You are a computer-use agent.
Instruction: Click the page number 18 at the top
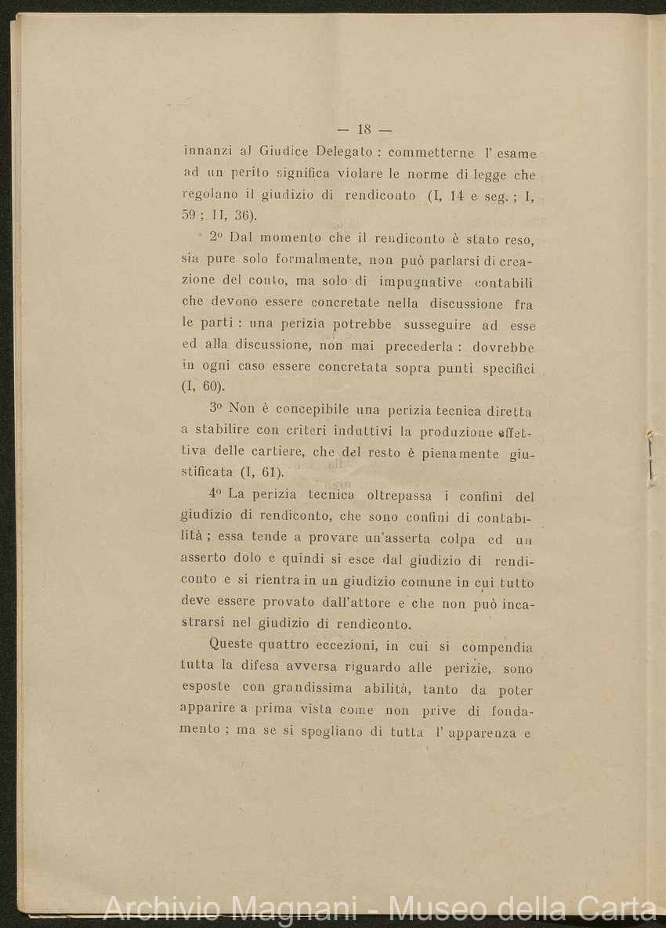(x=364, y=129)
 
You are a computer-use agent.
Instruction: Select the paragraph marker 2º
(x=217, y=238)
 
